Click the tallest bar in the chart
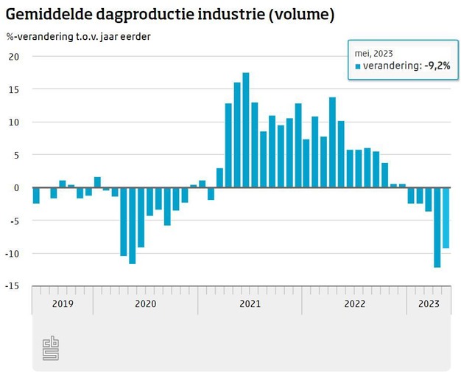(x=246, y=130)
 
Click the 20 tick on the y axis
(x=14, y=57)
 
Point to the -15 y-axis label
(x=13, y=286)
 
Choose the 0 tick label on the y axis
(x=16, y=188)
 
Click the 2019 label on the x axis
(x=62, y=304)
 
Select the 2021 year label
(x=250, y=304)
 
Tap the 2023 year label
(x=429, y=304)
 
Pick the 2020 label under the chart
(x=145, y=304)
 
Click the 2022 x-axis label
(x=355, y=304)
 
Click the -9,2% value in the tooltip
(x=437, y=66)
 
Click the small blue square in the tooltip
(x=359, y=66)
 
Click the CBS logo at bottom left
(x=50, y=348)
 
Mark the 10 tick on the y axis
(x=14, y=122)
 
